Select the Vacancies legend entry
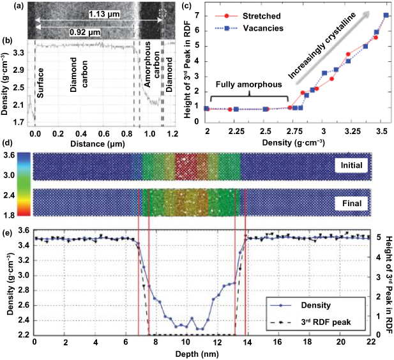[263, 28]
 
